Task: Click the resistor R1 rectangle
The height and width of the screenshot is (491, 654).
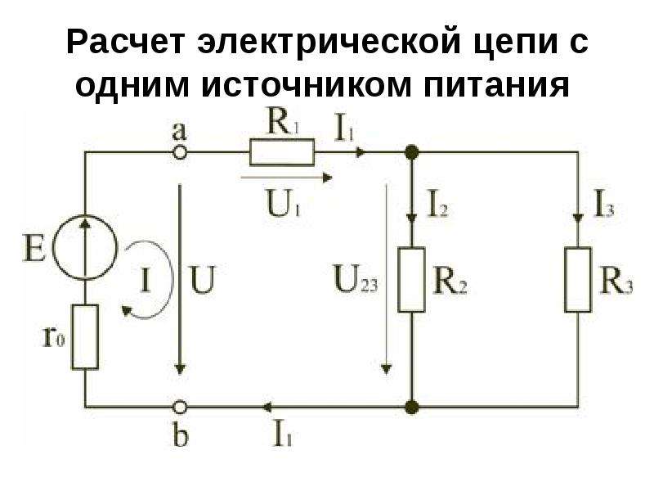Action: [281, 152]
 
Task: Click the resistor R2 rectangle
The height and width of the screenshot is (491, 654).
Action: [411, 279]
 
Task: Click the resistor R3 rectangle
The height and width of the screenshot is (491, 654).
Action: [579, 279]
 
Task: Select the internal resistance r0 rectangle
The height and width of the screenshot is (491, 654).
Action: [86, 336]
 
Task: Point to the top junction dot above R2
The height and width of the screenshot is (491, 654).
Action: [411, 152]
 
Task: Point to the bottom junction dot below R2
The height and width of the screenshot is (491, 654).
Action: [411, 406]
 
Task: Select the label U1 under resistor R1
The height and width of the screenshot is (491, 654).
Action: [282, 201]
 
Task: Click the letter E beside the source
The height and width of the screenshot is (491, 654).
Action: [34, 245]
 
